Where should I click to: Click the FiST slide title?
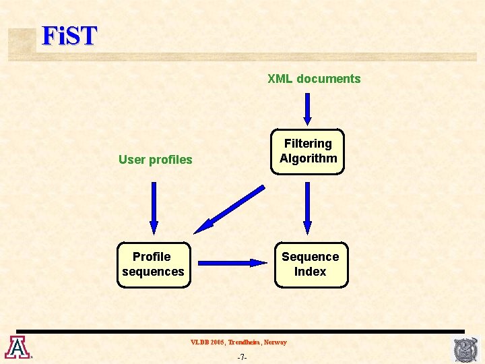[69, 36]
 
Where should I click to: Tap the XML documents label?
[314, 79]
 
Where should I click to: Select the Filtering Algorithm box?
[308, 152]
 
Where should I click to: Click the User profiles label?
[155, 160]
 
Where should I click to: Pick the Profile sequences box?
[154, 264]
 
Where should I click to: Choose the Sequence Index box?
[311, 264]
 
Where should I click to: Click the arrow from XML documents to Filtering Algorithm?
[308, 109]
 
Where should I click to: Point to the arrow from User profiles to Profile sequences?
[154, 208]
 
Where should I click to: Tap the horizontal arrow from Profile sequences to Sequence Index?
[233, 263]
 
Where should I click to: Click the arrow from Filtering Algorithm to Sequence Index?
[308, 208]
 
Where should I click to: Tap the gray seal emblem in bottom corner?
[465, 350]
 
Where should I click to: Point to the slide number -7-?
[242, 357]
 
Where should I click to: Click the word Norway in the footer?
[275, 342]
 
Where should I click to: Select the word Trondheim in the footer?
[244, 342]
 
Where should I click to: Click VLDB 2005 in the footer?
[207, 342]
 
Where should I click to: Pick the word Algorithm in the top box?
[309, 158]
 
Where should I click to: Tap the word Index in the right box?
[311, 272]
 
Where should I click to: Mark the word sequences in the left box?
[153, 272]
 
